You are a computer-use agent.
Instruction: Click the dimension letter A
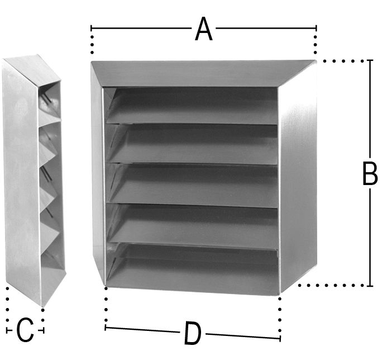tap(204, 29)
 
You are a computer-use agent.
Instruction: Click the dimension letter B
tap(370, 173)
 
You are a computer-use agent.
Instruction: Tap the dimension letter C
tap(25, 330)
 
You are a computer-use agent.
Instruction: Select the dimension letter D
tap(193, 333)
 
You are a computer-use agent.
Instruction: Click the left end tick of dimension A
tap(91, 28)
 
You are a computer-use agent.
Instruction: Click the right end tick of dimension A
tap(316, 28)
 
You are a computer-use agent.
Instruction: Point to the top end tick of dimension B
tap(370, 60)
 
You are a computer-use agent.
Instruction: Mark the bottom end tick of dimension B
tap(370, 286)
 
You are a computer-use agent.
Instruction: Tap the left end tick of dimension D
tap(105, 328)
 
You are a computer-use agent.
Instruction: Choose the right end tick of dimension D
tap(280, 339)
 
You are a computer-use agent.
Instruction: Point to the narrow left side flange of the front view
tap(97, 176)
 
